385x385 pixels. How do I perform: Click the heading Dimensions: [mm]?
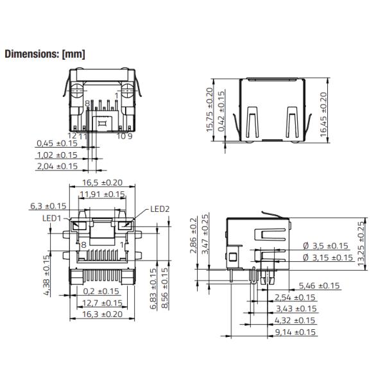(x=44, y=54)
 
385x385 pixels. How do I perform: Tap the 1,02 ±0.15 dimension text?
(x=57, y=155)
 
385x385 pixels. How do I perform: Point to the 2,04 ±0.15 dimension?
(x=57, y=166)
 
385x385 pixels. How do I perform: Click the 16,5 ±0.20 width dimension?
(x=101, y=183)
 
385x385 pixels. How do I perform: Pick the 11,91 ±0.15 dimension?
(x=101, y=194)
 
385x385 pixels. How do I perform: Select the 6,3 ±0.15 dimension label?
(x=48, y=206)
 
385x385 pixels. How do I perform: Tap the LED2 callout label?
(x=160, y=209)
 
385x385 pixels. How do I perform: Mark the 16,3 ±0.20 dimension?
(x=101, y=314)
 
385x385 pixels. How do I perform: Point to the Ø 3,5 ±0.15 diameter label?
(x=325, y=246)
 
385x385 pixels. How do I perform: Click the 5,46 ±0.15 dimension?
(x=320, y=286)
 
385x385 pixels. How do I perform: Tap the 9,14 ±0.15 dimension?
(x=295, y=332)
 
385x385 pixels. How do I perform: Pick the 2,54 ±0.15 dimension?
(x=295, y=297)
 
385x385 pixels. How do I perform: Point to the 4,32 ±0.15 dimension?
(x=295, y=320)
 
